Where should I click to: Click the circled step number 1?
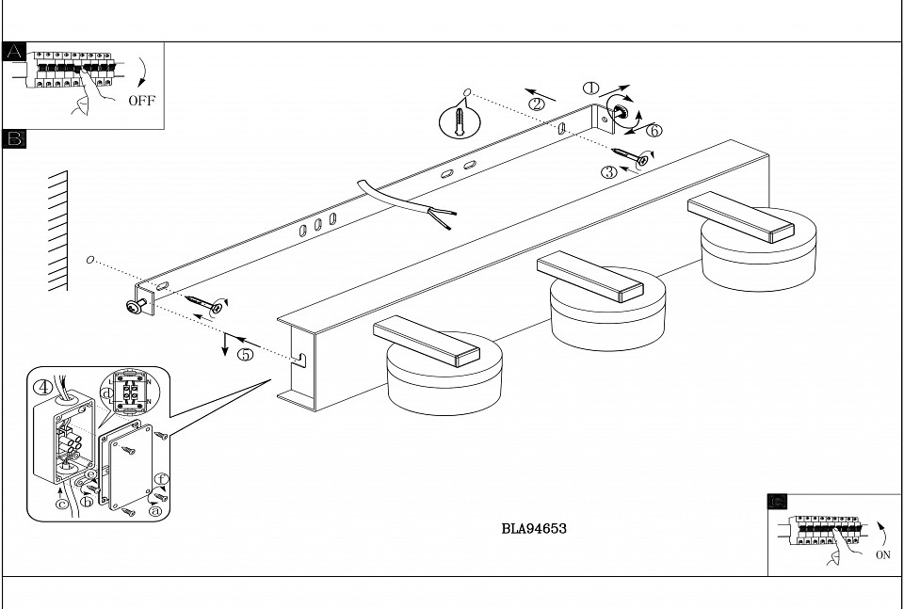point(591,88)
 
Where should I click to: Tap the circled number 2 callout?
point(537,104)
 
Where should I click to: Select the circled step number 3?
point(610,171)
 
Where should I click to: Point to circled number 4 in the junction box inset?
point(43,387)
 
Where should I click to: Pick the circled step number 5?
point(245,356)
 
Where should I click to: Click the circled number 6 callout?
point(654,130)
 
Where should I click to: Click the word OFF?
point(141,101)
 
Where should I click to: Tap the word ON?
point(882,555)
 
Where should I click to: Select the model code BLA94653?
point(534,529)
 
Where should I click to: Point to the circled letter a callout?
point(154,510)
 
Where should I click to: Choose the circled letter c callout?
point(61,504)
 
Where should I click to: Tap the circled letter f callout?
point(161,479)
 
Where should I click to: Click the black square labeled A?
point(14,53)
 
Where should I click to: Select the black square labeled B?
point(14,139)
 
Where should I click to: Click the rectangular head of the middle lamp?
point(589,278)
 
